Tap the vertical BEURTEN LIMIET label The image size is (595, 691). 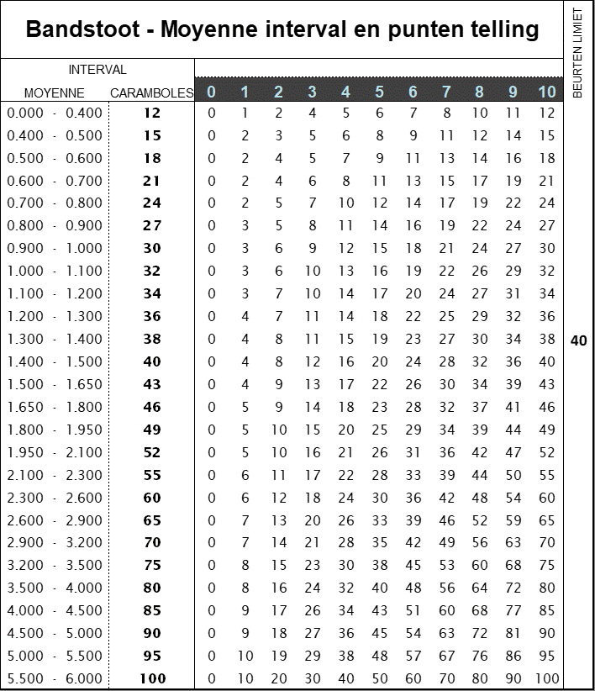coord(577,52)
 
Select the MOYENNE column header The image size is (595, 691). coord(54,92)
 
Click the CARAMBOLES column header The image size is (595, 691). coord(151,92)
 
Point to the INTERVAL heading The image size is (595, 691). coord(97,70)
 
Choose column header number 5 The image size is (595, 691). coord(379,92)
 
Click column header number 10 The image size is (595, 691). coord(547,92)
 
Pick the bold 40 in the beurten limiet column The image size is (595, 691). coord(578,340)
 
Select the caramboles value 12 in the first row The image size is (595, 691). coord(151,113)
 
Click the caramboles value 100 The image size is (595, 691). coord(151,678)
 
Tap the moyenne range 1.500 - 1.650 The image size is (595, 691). coord(54,384)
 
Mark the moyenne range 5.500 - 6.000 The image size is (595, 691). coord(54,678)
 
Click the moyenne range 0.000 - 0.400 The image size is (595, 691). coord(54,113)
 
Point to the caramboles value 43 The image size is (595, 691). coord(151,384)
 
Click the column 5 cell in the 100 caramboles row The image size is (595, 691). coord(379,678)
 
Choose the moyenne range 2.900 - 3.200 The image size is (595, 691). coord(54,542)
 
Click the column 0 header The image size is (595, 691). coord(211,92)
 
